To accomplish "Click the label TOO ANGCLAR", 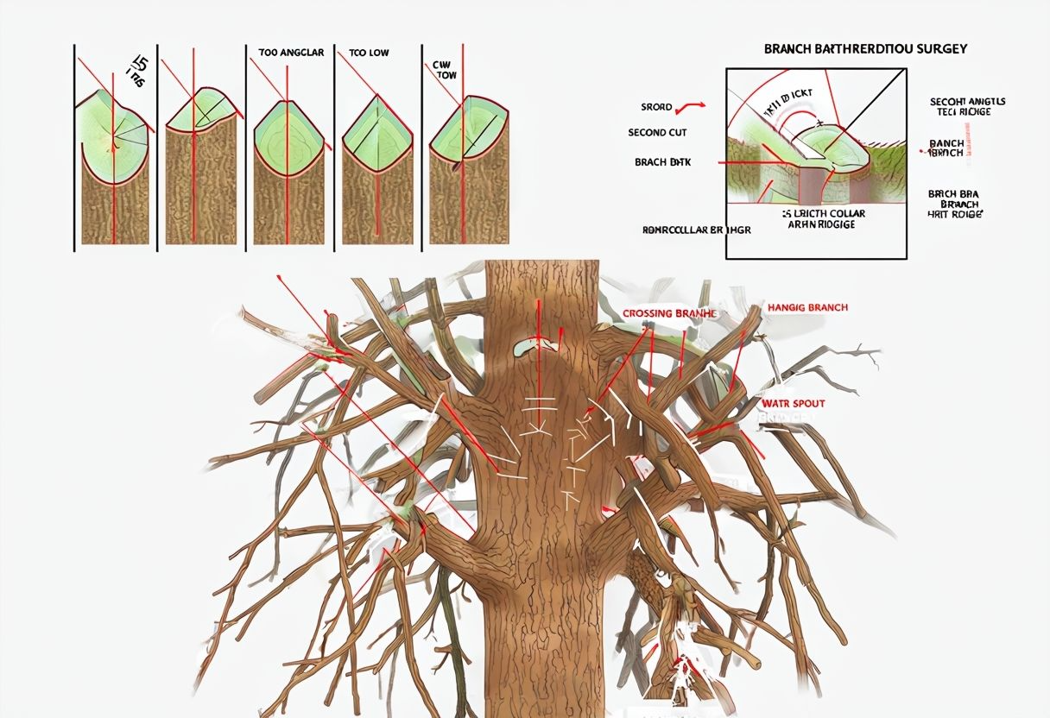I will click(x=291, y=53).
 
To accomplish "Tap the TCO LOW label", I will click(x=369, y=53).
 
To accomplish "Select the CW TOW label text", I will click(x=446, y=69).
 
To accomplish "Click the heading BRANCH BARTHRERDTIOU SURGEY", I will click(x=865, y=49).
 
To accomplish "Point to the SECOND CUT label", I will click(x=658, y=133).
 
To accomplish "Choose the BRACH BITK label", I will click(x=662, y=161).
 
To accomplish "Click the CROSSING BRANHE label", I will click(x=669, y=313).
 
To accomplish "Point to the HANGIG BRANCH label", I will click(x=807, y=307).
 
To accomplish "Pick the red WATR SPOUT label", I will click(x=793, y=403).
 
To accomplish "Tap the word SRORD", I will click(x=656, y=107).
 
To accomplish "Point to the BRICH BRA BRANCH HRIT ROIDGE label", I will click(x=954, y=204).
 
